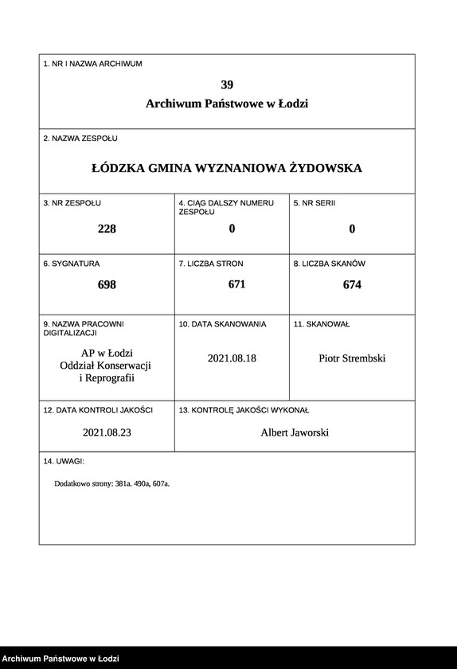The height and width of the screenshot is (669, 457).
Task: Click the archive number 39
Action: click(x=227, y=85)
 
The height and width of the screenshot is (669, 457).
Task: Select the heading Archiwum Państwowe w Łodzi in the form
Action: click(x=227, y=104)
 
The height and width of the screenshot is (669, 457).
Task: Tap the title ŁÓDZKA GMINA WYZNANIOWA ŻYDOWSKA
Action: click(x=227, y=168)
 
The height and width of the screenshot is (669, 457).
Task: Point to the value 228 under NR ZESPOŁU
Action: click(x=107, y=229)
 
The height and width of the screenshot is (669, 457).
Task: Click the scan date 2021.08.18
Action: click(x=232, y=358)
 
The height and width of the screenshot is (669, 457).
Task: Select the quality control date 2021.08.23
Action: click(x=106, y=432)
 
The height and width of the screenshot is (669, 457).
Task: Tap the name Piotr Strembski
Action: click(x=352, y=358)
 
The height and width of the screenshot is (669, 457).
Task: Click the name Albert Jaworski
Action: click(x=295, y=432)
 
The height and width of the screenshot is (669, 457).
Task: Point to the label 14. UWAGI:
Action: click(x=64, y=461)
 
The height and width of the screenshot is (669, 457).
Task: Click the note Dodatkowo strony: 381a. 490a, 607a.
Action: click(x=112, y=483)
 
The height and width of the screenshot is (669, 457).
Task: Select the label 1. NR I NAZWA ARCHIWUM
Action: click(x=92, y=64)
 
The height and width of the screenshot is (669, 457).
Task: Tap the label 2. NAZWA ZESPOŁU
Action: click(x=80, y=139)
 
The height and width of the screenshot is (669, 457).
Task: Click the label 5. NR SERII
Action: click(x=314, y=203)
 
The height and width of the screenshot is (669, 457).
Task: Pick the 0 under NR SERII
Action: click(x=352, y=229)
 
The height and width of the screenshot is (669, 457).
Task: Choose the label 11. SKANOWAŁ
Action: click(x=322, y=324)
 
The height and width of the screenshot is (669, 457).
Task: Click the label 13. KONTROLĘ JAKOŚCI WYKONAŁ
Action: click(x=244, y=409)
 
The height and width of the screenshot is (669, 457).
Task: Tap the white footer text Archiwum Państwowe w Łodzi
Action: click(x=61, y=659)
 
